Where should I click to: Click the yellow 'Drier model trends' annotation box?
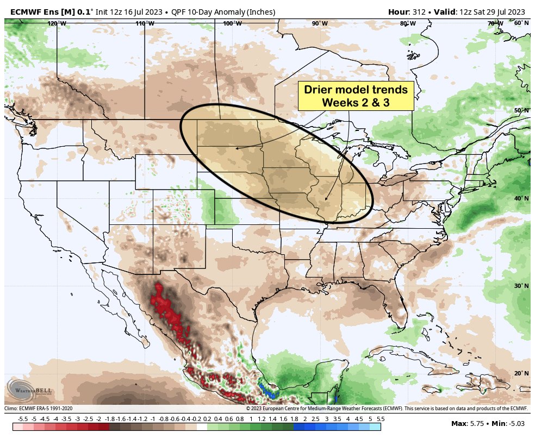pos(356,96)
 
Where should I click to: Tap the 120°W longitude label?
pos(57,23)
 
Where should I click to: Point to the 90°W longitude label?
pos(320,23)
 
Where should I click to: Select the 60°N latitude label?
pos(521,23)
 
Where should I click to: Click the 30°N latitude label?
pos(521,286)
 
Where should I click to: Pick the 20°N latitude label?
pos(521,373)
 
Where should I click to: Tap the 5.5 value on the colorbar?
pos(380,419)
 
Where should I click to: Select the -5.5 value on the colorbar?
pos(23,419)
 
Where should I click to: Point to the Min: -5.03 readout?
pos(509,423)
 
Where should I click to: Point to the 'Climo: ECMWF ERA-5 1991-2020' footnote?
pos(38,409)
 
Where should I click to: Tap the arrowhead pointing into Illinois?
pos(325,199)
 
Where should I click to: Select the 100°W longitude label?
pos(232,23)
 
